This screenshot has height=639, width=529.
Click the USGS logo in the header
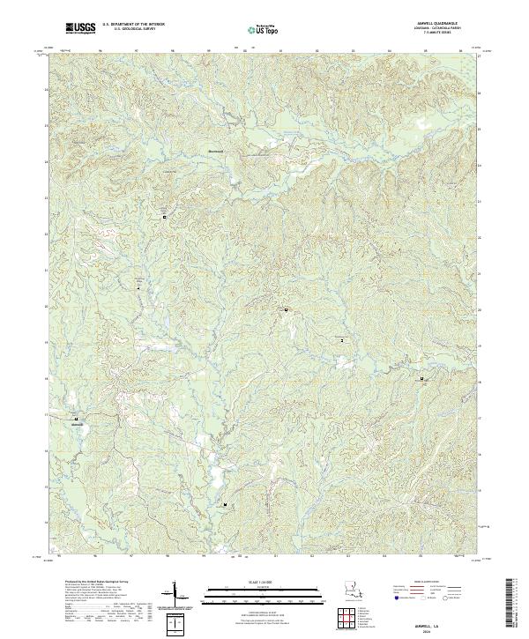pos(80,29)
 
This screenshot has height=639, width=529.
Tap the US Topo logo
pos(264,29)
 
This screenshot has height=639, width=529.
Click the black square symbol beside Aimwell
pos(76,418)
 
